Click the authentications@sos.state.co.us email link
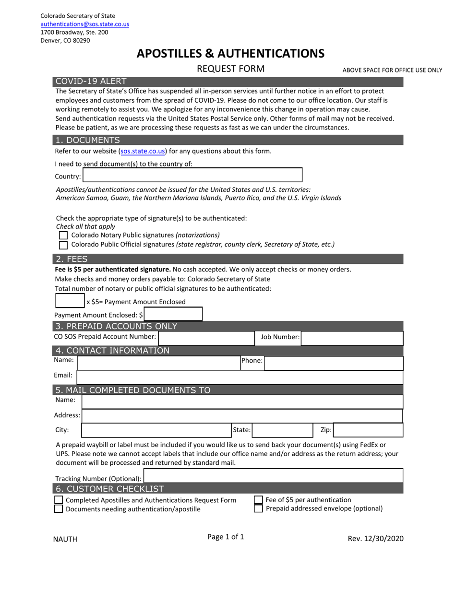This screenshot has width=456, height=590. pyautogui.click(x=84, y=24)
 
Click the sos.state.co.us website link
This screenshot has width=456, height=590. pyautogui.click(x=143, y=151)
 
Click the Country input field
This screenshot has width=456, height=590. pyautogui.click(x=192, y=175)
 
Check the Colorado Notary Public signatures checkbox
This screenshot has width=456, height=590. pyautogui.click(x=63, y=236)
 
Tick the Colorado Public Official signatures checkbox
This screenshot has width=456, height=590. pyautogui.click(x=63, y=245)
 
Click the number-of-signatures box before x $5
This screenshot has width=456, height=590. pyautogui.click(x=70, y=301)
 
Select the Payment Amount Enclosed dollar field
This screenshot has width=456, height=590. pyautogui.click(x=173, y=315)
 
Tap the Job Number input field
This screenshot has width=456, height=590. pyautogui.click(x=352, y=338)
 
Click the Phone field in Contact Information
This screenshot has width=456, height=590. pyautogui.click(x=333, y=363)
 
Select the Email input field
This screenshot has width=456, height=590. pyautogui.click(x=239, y=377)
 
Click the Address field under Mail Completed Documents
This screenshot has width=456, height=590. pyautogui.click(x=242, y=416)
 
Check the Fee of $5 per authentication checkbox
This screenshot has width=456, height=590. pyautogui.click(x=258, y=500)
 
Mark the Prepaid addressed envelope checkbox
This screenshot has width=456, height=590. pyautogui.click(x=258, y=508)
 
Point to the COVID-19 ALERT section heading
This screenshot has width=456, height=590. pyautogui.click(x=91, y=82)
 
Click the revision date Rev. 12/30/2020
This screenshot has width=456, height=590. pyautogui.click(x=375, y=539)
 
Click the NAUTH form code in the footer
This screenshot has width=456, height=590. pyautogui.click(x=65, y=539)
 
